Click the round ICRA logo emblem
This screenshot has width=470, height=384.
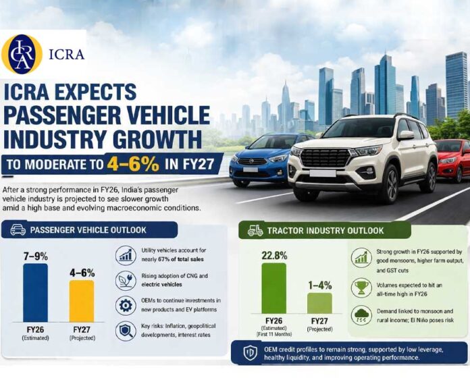click(x=22, y=54)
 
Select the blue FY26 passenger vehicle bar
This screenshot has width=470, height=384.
click(x=35, y=292)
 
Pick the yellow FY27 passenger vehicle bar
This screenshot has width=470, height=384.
click(x=82, y=301)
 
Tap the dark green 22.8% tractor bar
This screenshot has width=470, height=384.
click(x=273, y=288)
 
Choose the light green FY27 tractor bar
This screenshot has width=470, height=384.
click(x=319, y=303)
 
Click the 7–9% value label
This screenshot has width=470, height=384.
click(x=35, y=256)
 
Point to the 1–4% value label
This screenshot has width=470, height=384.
click(x=319, y=285)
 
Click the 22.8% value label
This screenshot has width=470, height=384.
click(x=273, y=256)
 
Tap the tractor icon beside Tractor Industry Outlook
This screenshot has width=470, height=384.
click(x=255, y=230)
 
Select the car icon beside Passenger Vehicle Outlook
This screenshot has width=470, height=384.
click(x=18, y=230)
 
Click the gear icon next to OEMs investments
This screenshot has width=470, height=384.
click(x=126, y=305)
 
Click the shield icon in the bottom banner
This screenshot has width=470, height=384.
click(x=250, y=353)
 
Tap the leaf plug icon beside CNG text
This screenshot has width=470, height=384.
click(x=126, y=279)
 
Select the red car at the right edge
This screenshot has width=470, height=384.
click(x=452, y=159)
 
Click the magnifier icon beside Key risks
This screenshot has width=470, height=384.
click(x=126, y=331)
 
